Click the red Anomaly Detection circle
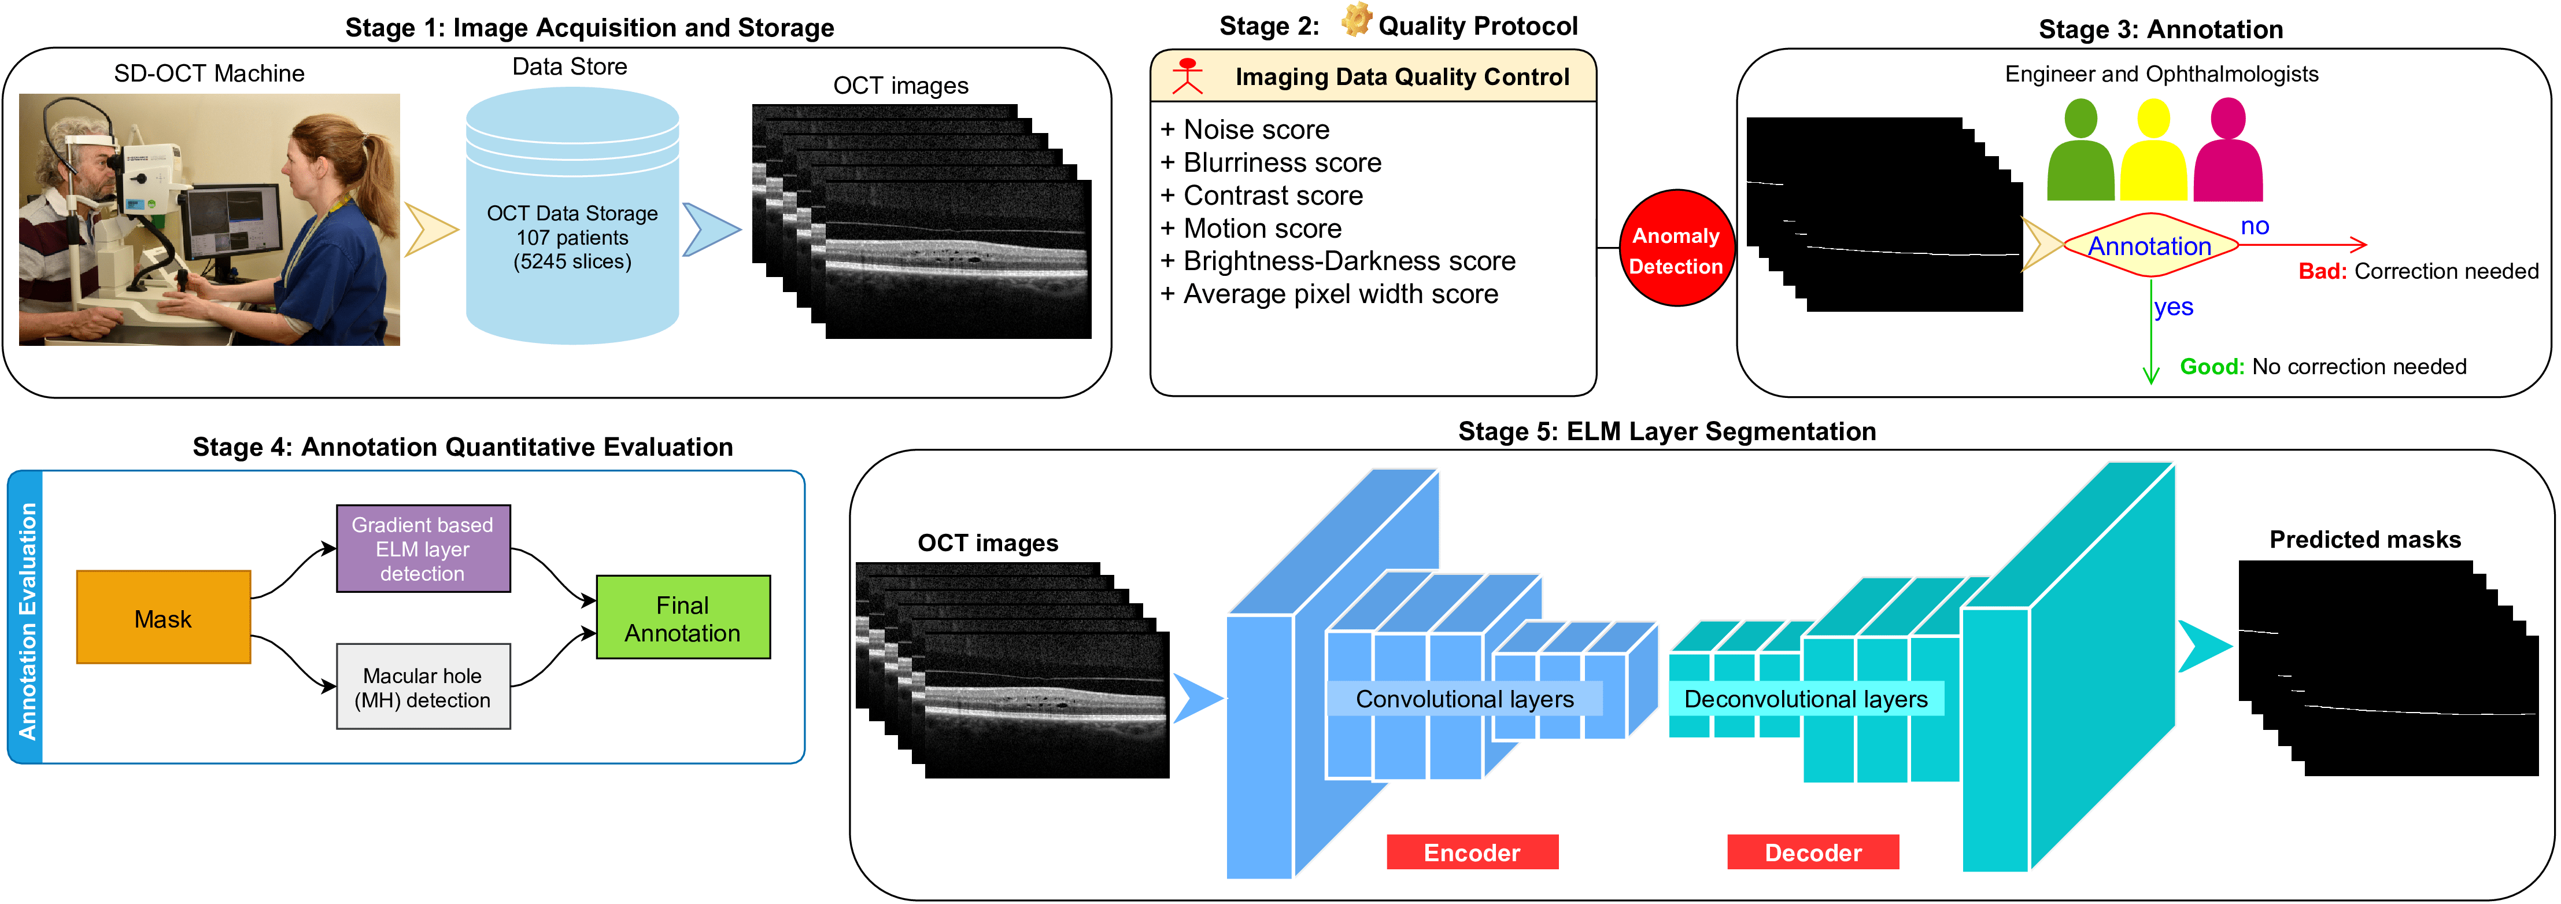(x=1676, y=249)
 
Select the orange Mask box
(x=163, y=618)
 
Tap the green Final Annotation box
(x=683, y=618)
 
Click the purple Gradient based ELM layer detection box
(x=423, y=549)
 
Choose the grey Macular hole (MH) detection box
(x=423, y=687)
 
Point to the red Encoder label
(x=1472, y=853)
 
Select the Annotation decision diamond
(x=2149, y=246)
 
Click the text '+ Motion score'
(x=1252, y=228)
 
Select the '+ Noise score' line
(x=1246, y=130)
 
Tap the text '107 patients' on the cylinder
(x=572, y=238)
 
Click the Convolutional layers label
(x=1465, y=699)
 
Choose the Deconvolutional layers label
(x=1805, y=699)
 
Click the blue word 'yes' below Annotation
(x=2173, y=307)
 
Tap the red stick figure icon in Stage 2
(x=1187, y=76)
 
